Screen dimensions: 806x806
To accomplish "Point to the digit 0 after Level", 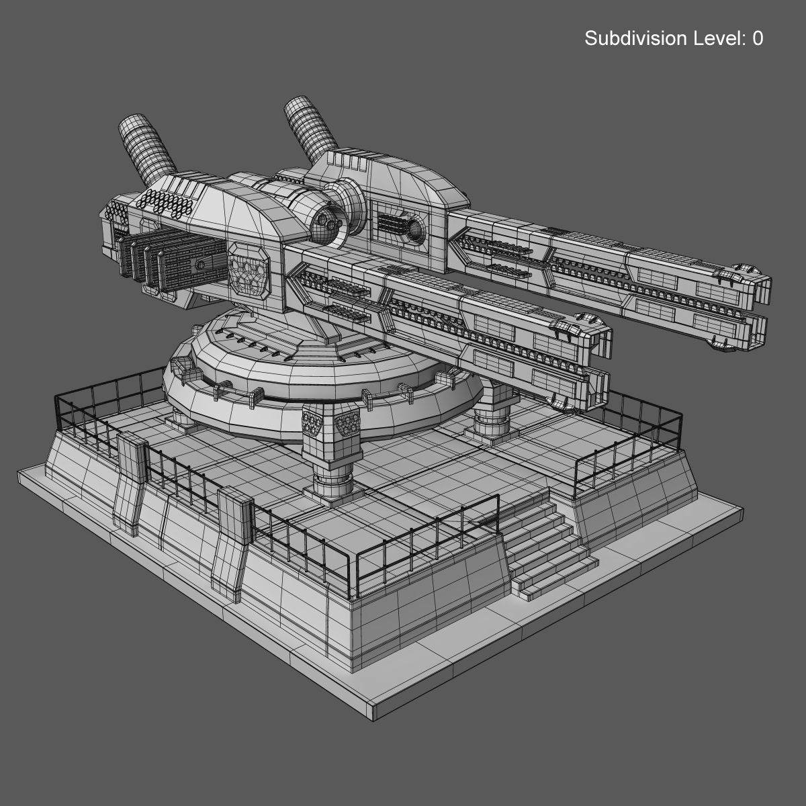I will click(758, 39).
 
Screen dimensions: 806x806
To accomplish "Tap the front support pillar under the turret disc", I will click(331, 457).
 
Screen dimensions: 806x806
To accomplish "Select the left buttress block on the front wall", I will click(130, 484).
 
